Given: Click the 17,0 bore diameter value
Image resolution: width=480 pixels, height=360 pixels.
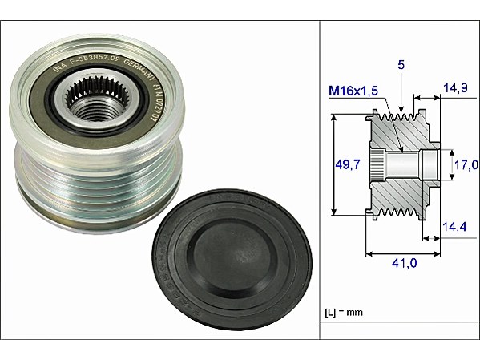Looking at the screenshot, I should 466,165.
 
